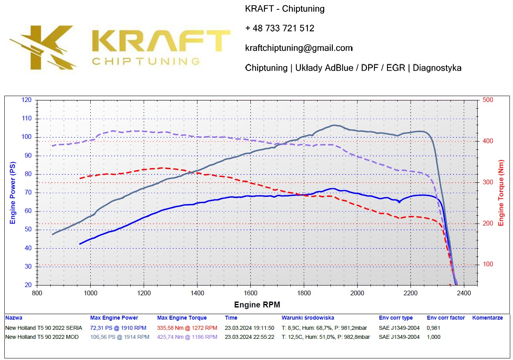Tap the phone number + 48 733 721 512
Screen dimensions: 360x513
point(279,28)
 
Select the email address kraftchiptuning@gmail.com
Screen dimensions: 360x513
point(299,48)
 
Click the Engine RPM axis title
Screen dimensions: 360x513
point(257,305)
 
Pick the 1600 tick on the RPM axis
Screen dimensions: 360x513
point(250,293)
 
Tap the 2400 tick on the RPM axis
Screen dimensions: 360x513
point(464,293)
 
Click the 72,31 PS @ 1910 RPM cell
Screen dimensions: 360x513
point(118,328)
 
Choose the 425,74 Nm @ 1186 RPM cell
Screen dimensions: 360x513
point(187,337)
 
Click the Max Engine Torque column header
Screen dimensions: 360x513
point(182,318)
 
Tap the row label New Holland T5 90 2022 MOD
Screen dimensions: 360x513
point(42,337)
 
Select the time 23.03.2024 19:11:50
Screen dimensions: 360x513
point(249,328)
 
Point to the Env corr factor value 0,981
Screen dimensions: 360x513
point(433,328)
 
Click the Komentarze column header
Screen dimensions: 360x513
point(487,318)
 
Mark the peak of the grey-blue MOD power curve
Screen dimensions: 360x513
point(334,125)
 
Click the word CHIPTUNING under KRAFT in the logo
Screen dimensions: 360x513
point(146,61)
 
